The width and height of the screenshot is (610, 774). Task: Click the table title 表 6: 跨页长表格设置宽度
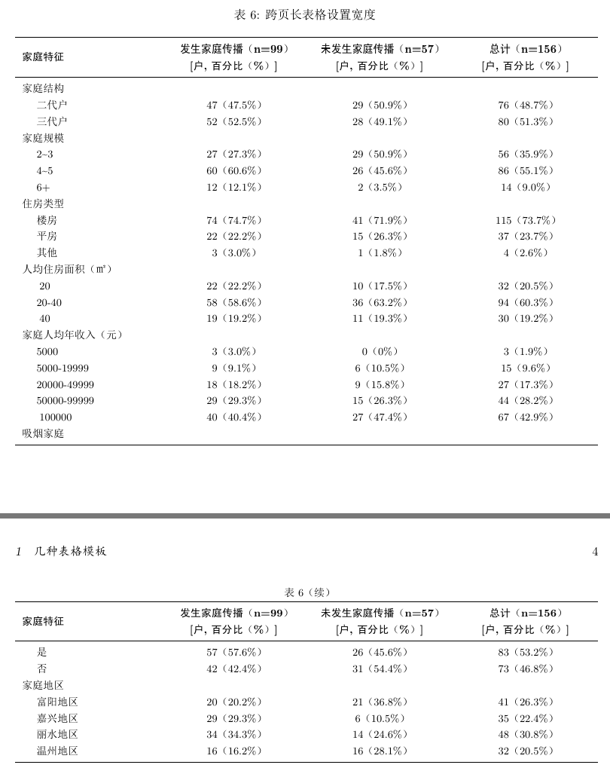[x=305, y=14]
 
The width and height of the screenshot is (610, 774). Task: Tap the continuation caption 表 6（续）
[x=307, y=592]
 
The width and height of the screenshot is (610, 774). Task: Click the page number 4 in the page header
[x=595, y=552]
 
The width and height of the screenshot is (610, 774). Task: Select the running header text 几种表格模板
[x=71, y=552]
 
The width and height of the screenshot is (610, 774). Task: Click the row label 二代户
[x=52, y=106]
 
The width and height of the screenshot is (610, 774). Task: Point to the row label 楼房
[x=47, y=220]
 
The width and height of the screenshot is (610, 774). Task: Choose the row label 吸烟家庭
[x=43, y=433]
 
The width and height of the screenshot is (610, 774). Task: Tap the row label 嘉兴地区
[x=57, y=718]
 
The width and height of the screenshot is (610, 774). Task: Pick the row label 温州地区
[x=57, y=751]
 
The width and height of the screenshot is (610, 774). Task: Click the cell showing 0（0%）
[x=380, y=351]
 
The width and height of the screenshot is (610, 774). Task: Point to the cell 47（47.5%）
[x=234, y=106]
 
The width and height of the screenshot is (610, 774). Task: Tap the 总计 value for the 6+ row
[x=526, y=187]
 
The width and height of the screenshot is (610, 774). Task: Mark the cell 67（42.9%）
[x=526, y=417]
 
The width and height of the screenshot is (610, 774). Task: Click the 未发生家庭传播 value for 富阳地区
[x=380, y=702]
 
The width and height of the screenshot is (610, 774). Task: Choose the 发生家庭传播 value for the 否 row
[x=234, y=668]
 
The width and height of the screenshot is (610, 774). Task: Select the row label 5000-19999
[x=63, y=368]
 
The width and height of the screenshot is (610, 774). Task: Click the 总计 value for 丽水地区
[x=526, y=734]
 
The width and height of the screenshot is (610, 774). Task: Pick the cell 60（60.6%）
[x=234, y=171]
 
